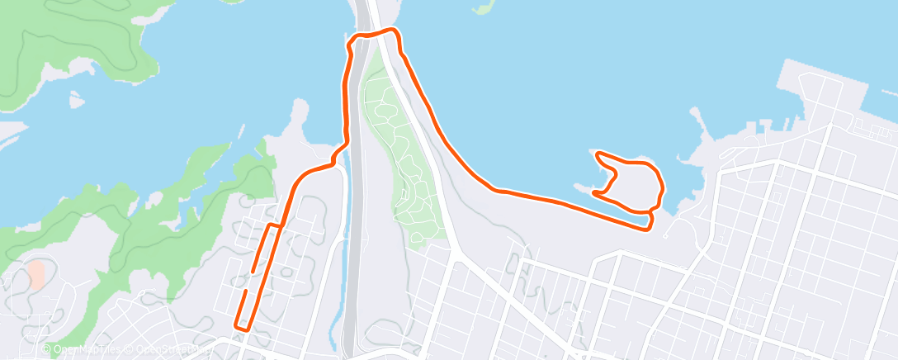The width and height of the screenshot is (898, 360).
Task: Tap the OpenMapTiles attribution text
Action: click(x=83, y=350)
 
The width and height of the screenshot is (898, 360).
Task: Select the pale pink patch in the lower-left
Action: click(x=35, y=273)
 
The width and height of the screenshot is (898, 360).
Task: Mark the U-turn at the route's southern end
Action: click(x=242, y=327)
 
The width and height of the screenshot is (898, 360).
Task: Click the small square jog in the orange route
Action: click(x=276, y=225)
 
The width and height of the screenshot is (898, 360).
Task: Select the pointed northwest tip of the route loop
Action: click(x=597, y=154)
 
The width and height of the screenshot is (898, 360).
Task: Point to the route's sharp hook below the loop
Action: click(x=649, y=221)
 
